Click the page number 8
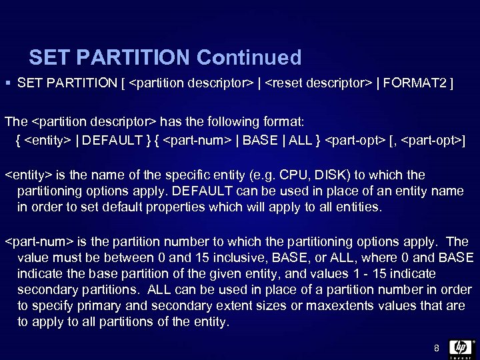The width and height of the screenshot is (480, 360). [436, 347]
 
